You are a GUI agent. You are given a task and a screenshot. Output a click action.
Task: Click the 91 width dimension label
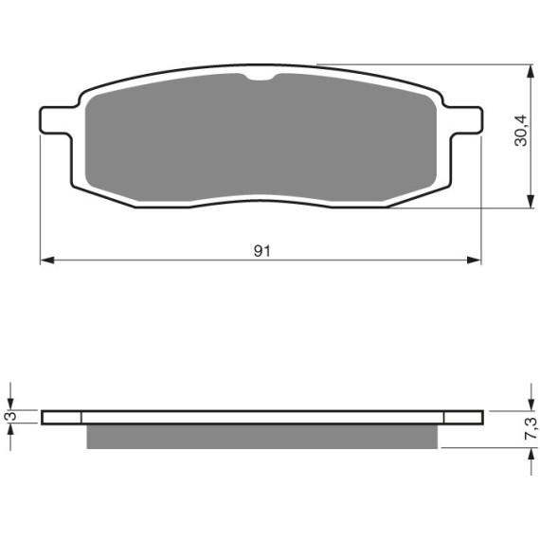[x=262, y=251]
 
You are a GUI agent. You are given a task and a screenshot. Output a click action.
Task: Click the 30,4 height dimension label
[x=521, y=131]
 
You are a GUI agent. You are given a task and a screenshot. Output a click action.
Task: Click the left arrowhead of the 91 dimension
[x=47, y=260]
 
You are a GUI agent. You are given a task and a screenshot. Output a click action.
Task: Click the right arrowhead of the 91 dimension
[x=474, y=260]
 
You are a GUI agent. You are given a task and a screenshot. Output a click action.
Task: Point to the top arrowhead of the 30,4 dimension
[x=531, y=71]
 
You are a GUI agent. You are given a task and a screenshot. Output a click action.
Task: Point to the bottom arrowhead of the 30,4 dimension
[x=531, y=201]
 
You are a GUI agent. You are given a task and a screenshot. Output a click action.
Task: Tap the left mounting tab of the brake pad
[x=57, y=120]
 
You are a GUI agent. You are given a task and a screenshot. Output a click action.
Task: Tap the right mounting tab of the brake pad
[x=465, y=120]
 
